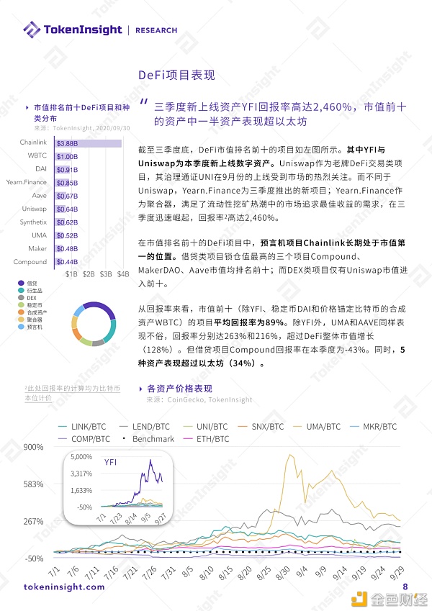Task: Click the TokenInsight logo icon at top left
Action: (x=32, y=30)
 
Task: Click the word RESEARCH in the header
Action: (x=156, y=30)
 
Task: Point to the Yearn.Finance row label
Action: (x=27, y=183)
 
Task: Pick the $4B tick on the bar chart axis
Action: (x=123, y=274)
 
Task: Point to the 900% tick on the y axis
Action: (x=34, y=447)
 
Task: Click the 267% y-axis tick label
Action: (x=34, y=521)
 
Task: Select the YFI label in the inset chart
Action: (x=112, y=462)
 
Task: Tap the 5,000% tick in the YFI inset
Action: (x=81, y=457)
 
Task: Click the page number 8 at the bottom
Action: (x=405, y=587)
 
